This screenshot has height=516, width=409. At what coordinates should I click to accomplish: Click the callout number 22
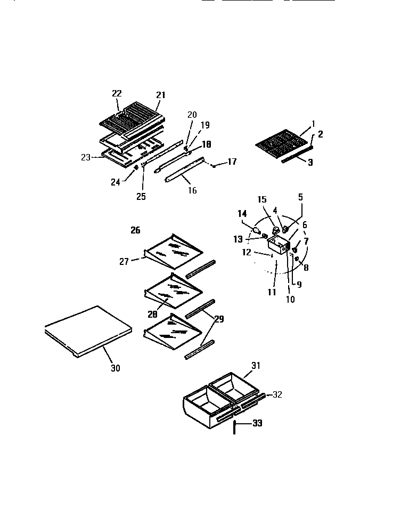coord(117,93)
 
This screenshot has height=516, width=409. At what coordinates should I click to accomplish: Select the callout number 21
coord(161,95)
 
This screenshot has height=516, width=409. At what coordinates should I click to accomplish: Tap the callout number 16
coord(192,190)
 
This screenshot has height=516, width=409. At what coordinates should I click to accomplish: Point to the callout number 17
coord(232,162)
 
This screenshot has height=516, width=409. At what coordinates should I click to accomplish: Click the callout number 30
coord(115,368)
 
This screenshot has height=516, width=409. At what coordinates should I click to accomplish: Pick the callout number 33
coord(257,424)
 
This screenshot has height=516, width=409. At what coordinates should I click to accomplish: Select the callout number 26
coord(135,230)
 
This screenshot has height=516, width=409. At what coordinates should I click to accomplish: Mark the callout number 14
coord(242,214)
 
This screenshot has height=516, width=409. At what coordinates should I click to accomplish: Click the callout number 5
coord(300,197)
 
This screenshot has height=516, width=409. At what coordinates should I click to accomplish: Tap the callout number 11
coord(272,292)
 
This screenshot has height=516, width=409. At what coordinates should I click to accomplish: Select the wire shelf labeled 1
coord(281,143)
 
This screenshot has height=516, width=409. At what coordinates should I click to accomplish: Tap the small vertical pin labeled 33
coord(234,427)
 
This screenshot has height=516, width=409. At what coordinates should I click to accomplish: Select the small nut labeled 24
coord(136,168)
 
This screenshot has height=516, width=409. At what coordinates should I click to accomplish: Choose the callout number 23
coord(86,157)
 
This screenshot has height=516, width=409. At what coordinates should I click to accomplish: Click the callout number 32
coord(277,395)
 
